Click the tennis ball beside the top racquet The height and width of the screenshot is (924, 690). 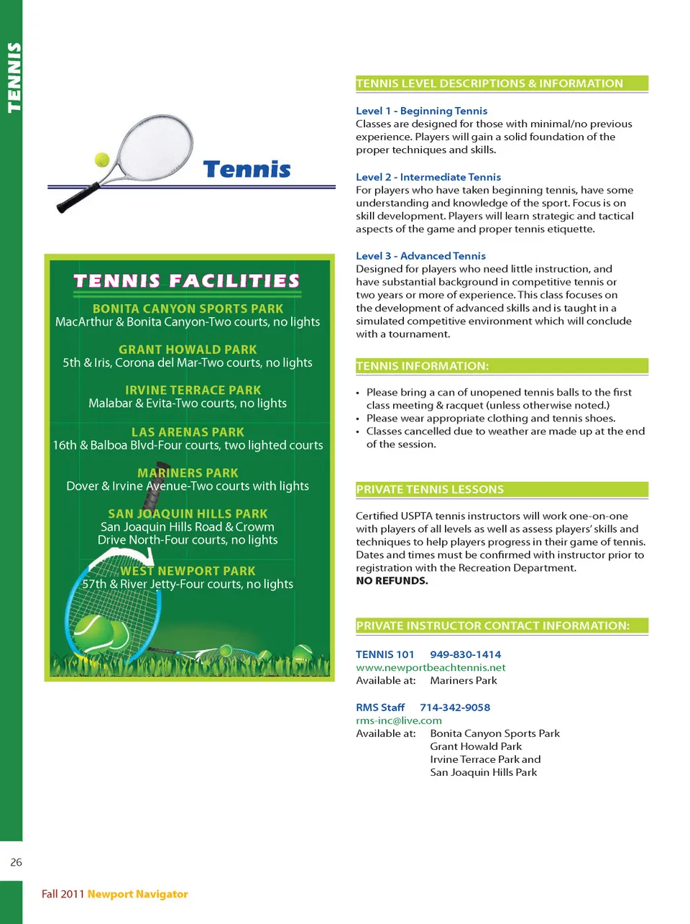[102, 159]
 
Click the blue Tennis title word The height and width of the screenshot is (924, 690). [247, 169]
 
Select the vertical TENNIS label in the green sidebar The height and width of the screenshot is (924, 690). [13, 78]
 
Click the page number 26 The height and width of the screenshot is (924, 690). [16, 862]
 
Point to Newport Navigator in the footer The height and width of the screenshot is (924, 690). [137, 894]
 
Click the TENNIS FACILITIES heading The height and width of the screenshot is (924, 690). [187, 280]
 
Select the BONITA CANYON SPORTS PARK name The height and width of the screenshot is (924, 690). [188, 308]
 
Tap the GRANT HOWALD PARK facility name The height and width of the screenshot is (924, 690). [188, 349]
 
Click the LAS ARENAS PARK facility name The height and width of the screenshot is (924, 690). [188, 432]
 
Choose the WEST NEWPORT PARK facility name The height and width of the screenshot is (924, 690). [188, 571]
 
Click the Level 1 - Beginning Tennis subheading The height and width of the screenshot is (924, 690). [421, 111]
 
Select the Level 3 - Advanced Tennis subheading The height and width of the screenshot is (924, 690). [420, 256]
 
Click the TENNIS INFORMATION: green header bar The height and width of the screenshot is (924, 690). [502, 366]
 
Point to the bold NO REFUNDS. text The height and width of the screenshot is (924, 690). [392, 581]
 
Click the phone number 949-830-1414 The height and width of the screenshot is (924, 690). [465, 654]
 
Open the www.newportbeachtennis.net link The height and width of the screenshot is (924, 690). [431, 667]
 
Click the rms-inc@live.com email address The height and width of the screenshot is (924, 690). [399, 721]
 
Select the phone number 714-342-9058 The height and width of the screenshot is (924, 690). [455, 708]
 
